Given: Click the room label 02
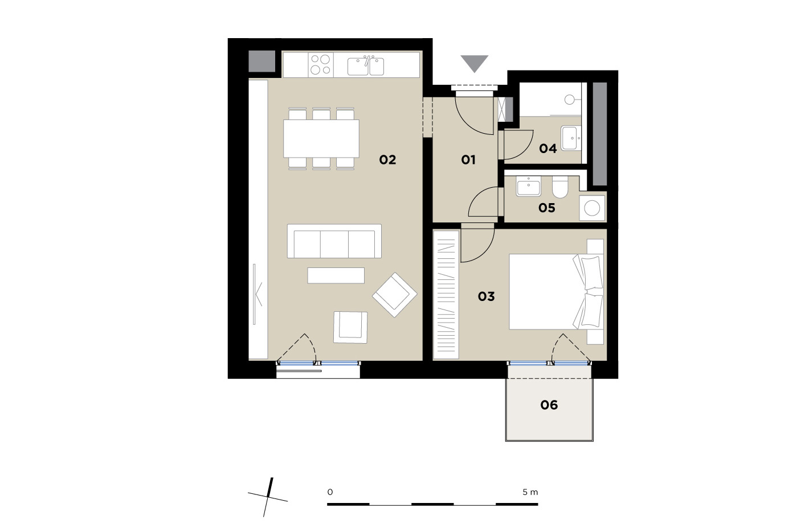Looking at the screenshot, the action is click(x=387, y=160).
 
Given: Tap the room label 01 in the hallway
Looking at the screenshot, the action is click(x=468, y=160).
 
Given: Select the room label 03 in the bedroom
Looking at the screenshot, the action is click(x=486, y=296).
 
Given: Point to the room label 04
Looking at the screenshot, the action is click(x=548, y=149).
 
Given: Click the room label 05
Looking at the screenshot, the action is click(x=547, y=208).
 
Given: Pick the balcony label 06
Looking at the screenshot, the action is click(x=549, y=405).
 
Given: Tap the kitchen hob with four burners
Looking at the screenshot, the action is click(x=321, y=64).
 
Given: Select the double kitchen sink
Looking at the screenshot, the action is click(x=366, y=66).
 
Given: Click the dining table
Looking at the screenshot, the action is click(x=321, y=138).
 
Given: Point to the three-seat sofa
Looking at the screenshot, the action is click(x=334, y=241).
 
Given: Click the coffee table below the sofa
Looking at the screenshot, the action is click(x=336, y=275).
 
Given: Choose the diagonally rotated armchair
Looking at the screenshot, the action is click(x=395, y=295).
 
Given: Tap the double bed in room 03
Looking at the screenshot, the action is click(x=556, y=292).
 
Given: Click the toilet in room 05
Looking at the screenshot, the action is click(x=560, y=187).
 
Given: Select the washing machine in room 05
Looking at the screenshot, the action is click(x=592, y=208).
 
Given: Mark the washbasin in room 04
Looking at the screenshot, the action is click(x=571, y=138).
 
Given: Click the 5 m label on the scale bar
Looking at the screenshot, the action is click(x=530, y=492).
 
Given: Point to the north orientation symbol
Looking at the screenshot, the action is click(x=268, y=497).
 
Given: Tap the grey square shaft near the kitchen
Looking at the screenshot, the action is click(x=262, y=61).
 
